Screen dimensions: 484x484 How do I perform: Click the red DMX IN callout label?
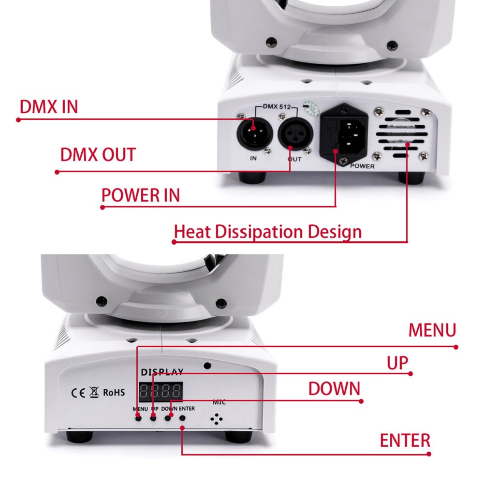[48, 107]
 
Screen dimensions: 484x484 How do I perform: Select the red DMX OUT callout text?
[98, 155]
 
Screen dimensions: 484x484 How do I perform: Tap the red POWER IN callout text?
[140, 195]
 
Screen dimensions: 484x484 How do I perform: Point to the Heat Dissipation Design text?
[267, 232]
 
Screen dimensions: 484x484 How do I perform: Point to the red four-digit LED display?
[161, 391]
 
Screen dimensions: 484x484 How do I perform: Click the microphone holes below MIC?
[216, 419]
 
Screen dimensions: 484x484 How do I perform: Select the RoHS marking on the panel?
[114, 392]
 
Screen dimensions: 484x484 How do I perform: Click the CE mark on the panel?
[78, 393]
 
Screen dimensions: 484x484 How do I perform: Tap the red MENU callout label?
[432, 331]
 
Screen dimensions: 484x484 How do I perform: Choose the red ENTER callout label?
[405, 440]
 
